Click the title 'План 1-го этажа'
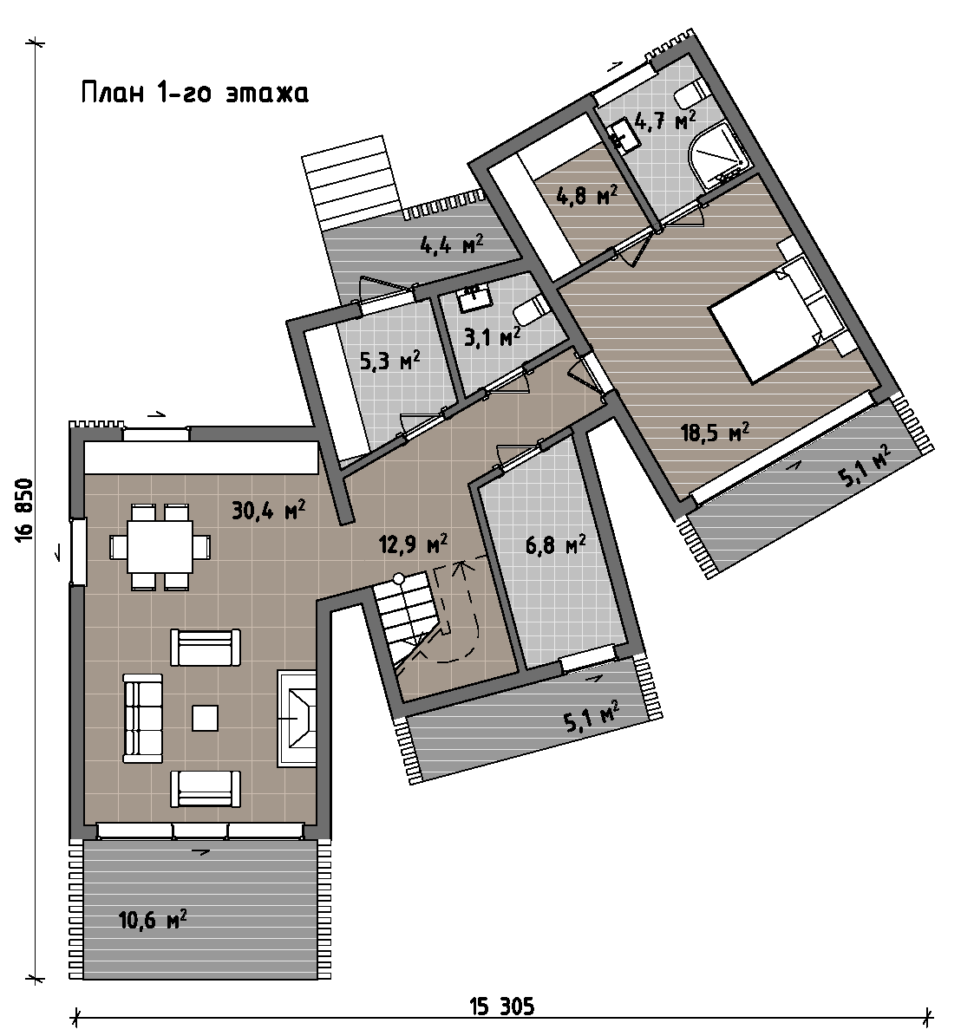pyautogui.click(x=195, y=93)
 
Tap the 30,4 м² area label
pyautogui.click(x=268, y=510)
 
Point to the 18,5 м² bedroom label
pyautogui.click(x=715, y=433)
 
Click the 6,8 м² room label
pyautogui.click(x=556, y=545)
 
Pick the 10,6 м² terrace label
pyautogui.click(x=153, y=919)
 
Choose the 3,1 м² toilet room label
pyautogui.click(x=492, y=337)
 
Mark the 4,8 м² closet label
pyautogui.click(x=587, y=195)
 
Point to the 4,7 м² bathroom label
pyautogui.click(x=664, y=121)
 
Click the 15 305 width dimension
pyautogui.click(x=502, y=1007)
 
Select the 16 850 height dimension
pyautogui.click(x=23, y=511)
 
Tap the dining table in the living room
pyautogui.click(x=160, y=547)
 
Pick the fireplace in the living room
pyautogui.click(x=297, y=718)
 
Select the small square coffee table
pyautogui.click(x=205, y=718)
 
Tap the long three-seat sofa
pyautogui.click(x=143, y=718)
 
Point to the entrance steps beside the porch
pyautogui.click(x=351, y=183)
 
